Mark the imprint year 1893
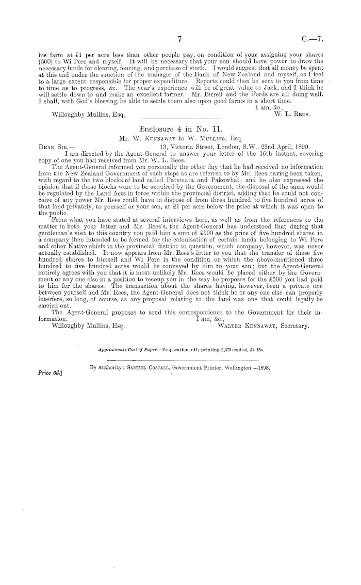(x=261, y=368)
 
